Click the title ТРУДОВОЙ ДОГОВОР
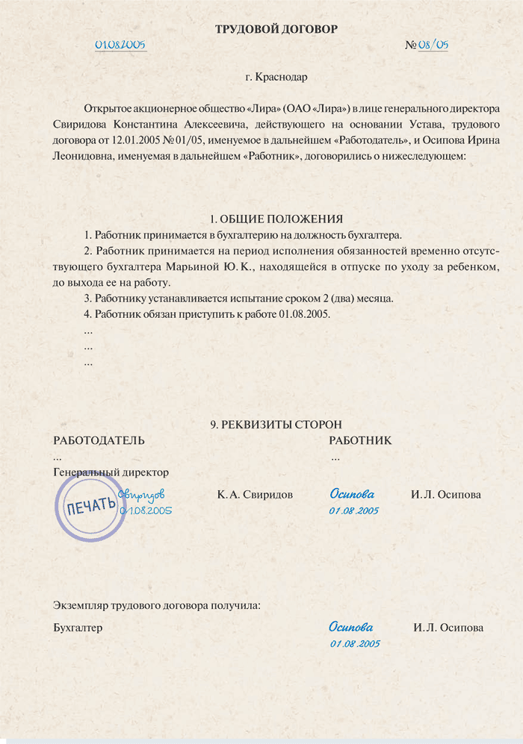click(x=276, y=29)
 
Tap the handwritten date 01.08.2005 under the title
click(x=120, y=44)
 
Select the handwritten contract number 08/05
click(x=433, y=45)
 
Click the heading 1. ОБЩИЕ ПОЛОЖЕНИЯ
click(x=276, y=219)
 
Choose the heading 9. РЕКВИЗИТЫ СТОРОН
click(x=276, y=425)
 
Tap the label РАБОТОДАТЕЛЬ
click(x=99, y=441)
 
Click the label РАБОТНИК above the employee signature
click(x=360, y=441)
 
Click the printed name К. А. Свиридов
click(x=255, y=495)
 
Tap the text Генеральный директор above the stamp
click(x=111, y=472)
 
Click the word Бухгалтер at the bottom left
click(x=78, y=628)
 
